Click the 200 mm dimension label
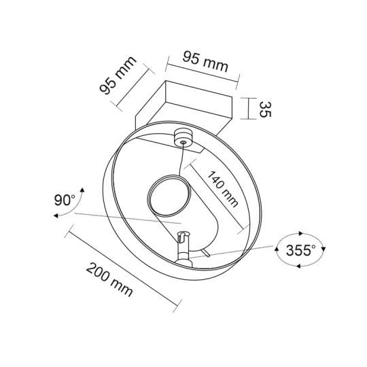pos(109,280)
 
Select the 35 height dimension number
pos(265,109)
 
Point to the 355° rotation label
pos(300,250)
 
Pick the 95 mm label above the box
pos(205,62)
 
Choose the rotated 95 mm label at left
pos(118,75)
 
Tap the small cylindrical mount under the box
pos(183,139)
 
